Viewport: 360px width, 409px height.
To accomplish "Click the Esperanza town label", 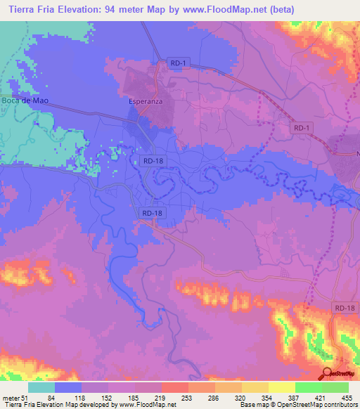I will click(x=146, y=102).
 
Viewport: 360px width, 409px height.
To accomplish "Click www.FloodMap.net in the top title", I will click(x=224, y=9).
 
